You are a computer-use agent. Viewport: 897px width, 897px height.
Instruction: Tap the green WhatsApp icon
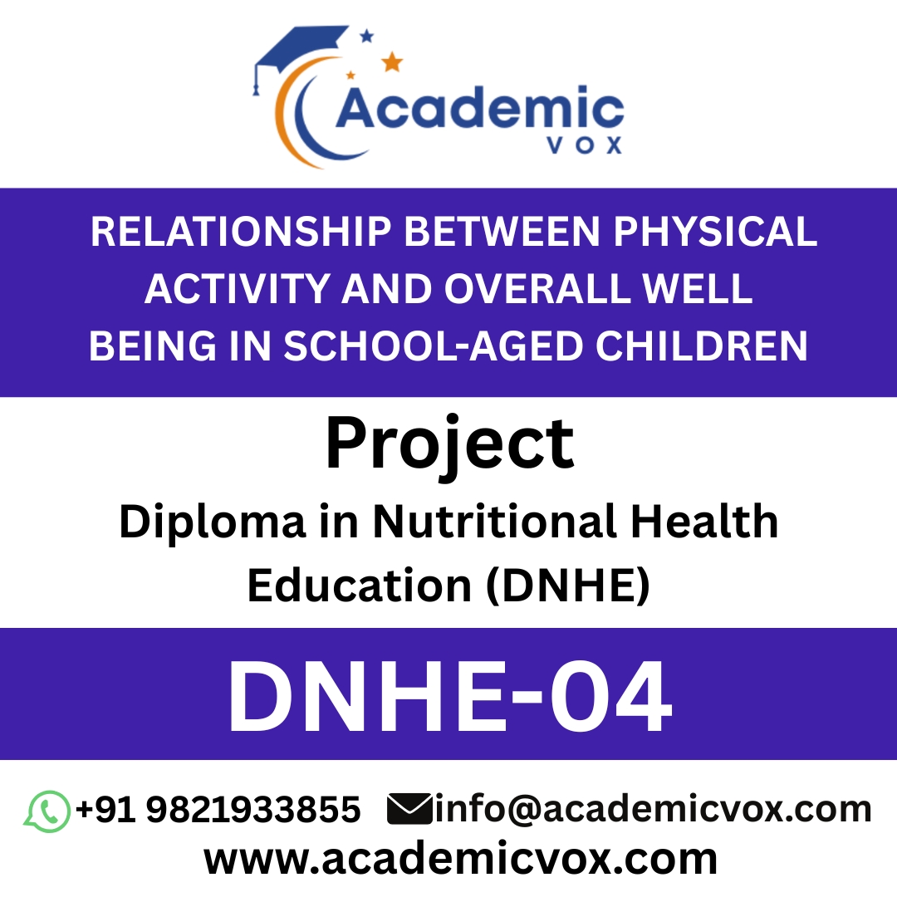pyautogui.click(x=47, y=811)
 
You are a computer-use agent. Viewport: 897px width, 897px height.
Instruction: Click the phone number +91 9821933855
pyautogui.click(x=218, y=810)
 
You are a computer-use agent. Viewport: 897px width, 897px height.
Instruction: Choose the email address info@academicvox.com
pyautogui.click(x=653, y=810)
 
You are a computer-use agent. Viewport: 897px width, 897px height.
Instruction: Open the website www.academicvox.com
pyautogui.click(x=461, y=858)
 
